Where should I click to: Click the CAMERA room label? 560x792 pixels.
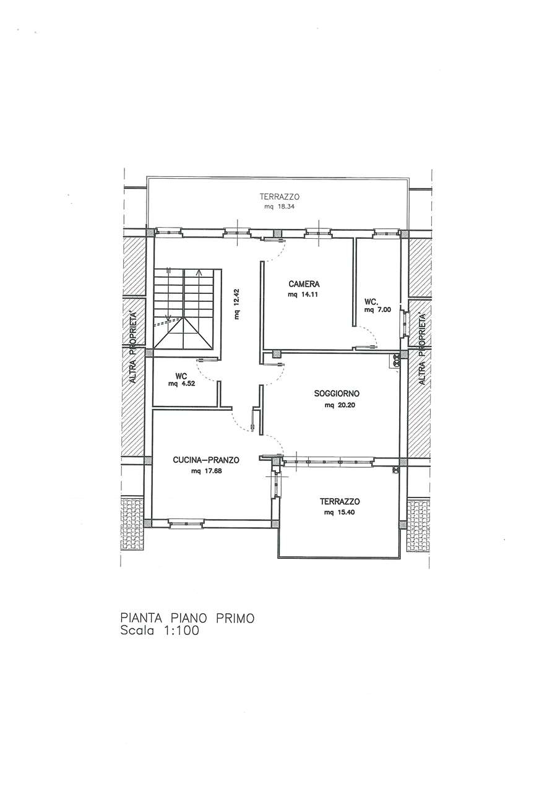[304, 283]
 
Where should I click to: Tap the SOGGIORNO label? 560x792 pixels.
[337, 393]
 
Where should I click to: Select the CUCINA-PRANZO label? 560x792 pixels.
[206, 460]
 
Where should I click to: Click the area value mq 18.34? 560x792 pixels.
[280, 207]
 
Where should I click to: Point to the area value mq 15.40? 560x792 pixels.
[340, 512]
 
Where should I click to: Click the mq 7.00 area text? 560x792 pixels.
[377, 310]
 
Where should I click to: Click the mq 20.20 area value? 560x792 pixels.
[340, 405]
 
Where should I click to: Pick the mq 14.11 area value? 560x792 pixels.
[304, 295]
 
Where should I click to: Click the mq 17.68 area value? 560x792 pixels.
[206, 471]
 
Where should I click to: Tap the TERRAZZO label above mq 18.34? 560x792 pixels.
[280, 197]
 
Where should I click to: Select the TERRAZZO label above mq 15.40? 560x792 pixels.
[340, 501]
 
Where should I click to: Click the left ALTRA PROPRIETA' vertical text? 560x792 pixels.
[133, 348]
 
